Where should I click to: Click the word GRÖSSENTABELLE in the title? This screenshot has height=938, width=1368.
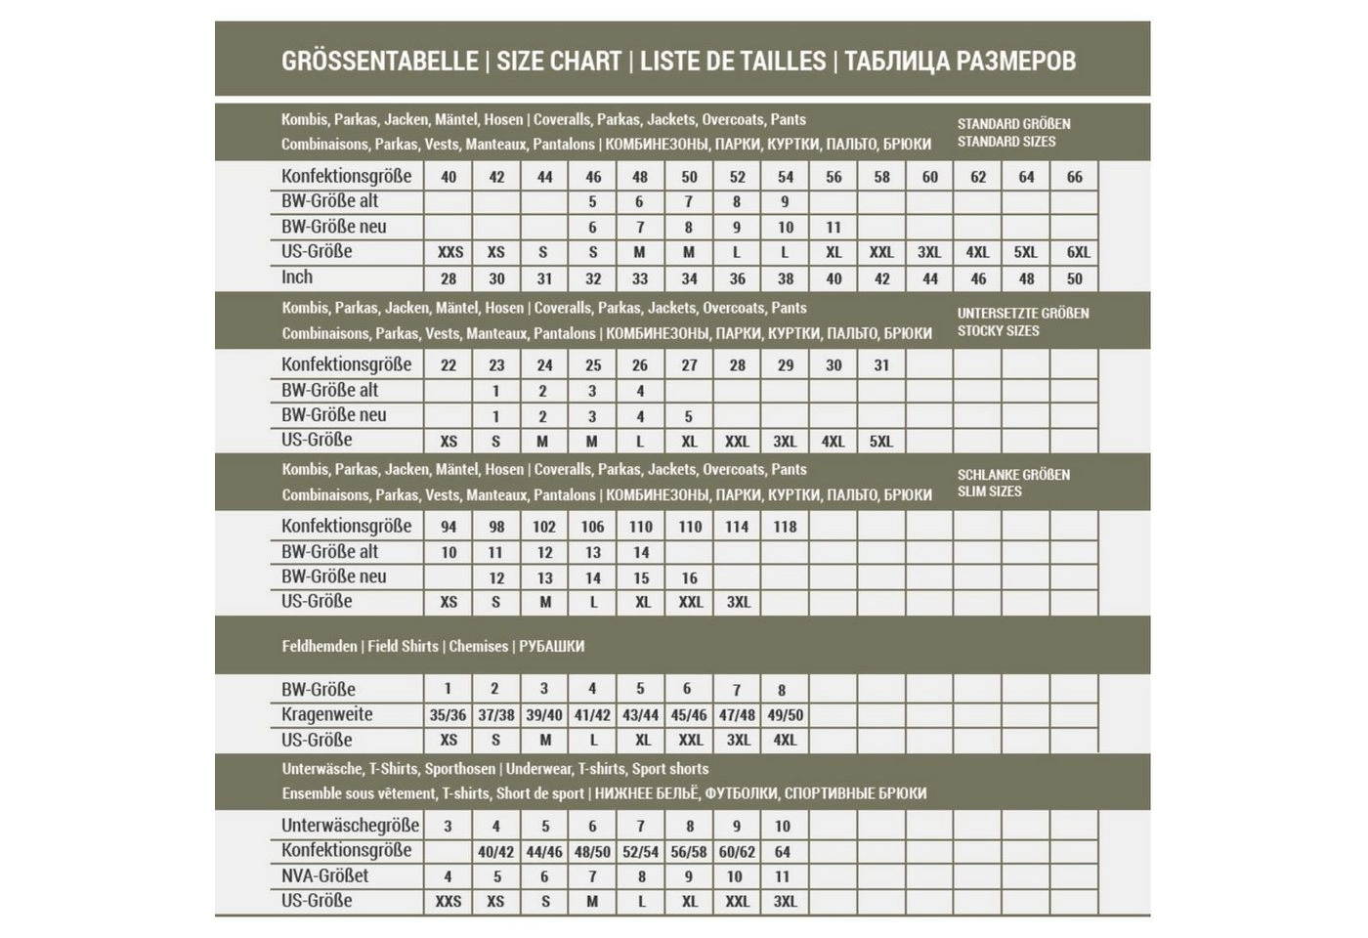pyautogui.click(x=379, y=61)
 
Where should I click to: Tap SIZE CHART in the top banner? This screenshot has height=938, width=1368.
pyautogui.click(x=559, y=61)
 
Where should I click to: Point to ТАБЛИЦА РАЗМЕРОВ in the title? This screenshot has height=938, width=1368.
pyautogui.click(x=960, y=61)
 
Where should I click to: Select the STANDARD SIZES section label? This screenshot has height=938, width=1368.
pyautogui.click(x=1006, y=142)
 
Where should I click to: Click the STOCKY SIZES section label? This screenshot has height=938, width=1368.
pyautogui.click(x=998, y=331)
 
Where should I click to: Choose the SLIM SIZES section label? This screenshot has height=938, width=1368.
pyautogui.click(x=989, y=491)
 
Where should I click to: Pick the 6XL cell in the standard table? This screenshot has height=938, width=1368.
pyautogui.click(x=1078, y=252)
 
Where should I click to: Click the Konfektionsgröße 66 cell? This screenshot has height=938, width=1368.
pyautogui.click(x=1074, y=177)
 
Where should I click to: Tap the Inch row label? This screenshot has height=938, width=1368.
pyautogui.click(x=297, y=277)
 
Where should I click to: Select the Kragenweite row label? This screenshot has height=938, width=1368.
pyautogui.click(x=326, y=714)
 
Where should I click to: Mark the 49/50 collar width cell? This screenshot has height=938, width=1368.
pyautogui.click(x=786, y=715)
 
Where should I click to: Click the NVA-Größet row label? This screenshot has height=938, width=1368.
pyautogui.click(x=324, y=876)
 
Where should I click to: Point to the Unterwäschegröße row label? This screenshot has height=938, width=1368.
pyautogui.click(x=350, y=826)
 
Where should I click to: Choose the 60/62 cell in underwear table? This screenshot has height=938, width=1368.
pyautogui.click(x=737, y=852)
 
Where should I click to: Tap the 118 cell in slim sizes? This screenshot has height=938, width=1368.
pyautogui.click(x=785, y=527)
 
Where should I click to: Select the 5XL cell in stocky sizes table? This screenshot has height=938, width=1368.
pyautogui.click(x=880, y=442)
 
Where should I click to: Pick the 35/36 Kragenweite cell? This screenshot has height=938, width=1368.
pyautogui.click(x=449, y=715)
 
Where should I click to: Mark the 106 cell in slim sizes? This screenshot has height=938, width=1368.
pyautogui.click(x=592, y=527)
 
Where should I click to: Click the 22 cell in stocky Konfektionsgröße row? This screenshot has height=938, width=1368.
pyautogui.click(x=449, y=365)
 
